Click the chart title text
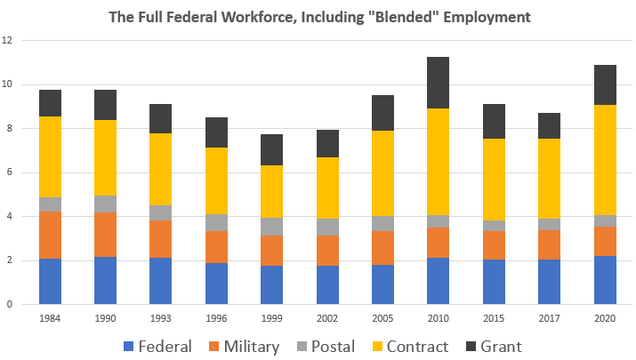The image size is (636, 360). click(318, 17)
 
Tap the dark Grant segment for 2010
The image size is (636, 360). click(437, 83)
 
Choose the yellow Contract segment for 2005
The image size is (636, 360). click(382, 173)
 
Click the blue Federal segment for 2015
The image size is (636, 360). click(493, 281)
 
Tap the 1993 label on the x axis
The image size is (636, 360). click(160, 317)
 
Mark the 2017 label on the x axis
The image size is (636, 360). click(548, 317)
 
